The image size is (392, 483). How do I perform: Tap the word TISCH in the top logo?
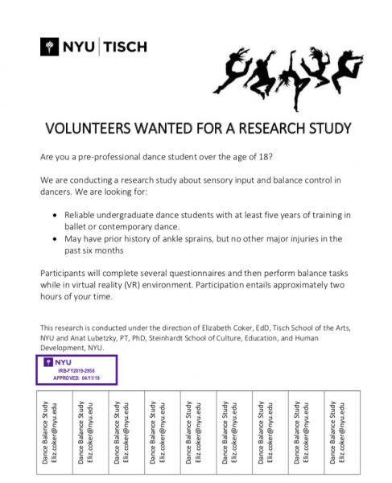pos(125,47)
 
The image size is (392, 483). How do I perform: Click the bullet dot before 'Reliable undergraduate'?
pos(54,216)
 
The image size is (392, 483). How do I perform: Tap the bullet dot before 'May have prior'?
pos(54,239)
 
